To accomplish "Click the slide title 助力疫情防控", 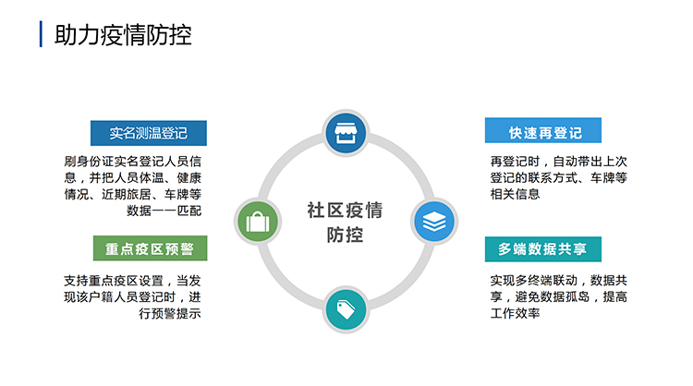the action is (x=123, y=34).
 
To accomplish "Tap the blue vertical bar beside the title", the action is (x=41, y=34).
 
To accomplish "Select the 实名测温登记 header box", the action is (x=149, y=133).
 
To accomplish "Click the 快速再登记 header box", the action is (x=543, y=130).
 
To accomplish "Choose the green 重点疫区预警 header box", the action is (x=151, y=248).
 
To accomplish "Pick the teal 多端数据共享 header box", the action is (x=543, y=249).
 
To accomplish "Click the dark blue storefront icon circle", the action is (x=346, y=133).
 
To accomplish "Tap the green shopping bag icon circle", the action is (x=258, y=222).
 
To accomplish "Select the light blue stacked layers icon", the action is (x=434, y=222).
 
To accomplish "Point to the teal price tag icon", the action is (x=346, y=309).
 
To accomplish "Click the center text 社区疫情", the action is (x=346, y=211).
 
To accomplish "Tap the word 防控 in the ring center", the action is (x=346, y=235).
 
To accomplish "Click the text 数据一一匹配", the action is (x=164, y=211).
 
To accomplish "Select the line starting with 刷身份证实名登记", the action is (x=132, y=162).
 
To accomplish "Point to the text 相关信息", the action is (x=515, y=194).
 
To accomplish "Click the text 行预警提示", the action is (x=170, y=314).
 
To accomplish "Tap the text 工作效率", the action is (x=515, y=313).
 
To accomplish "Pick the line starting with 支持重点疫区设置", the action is (x=132, y=281).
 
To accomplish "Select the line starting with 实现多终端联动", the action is (x=559, y=281).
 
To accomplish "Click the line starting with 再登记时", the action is (x=559, y=162).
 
